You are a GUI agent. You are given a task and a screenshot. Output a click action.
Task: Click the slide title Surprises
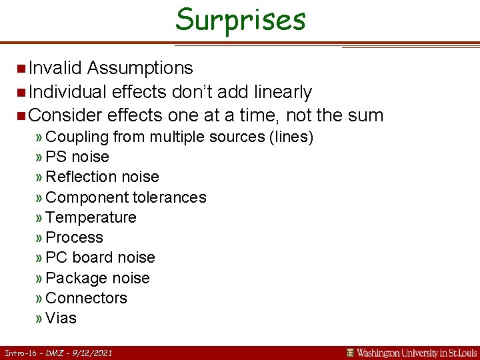(x=240, y=19)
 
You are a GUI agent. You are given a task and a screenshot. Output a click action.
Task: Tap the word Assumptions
(x=140, y=68)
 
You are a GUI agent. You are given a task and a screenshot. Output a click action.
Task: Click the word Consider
(x=65, y=115)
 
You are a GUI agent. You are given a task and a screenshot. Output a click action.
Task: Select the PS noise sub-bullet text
(x=77, y=157)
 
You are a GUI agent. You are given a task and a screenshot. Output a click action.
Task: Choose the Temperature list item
(x=91, y=218)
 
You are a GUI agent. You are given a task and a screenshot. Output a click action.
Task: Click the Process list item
(x=75, y=238)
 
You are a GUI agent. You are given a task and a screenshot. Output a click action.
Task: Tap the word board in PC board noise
(x=93, y=258)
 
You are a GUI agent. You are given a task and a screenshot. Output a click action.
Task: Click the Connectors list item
(x=87, y=299)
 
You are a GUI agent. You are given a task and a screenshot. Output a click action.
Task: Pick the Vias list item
(x=61, y=319)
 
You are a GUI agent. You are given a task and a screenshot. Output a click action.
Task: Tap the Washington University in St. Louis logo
(x=411, y=353)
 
